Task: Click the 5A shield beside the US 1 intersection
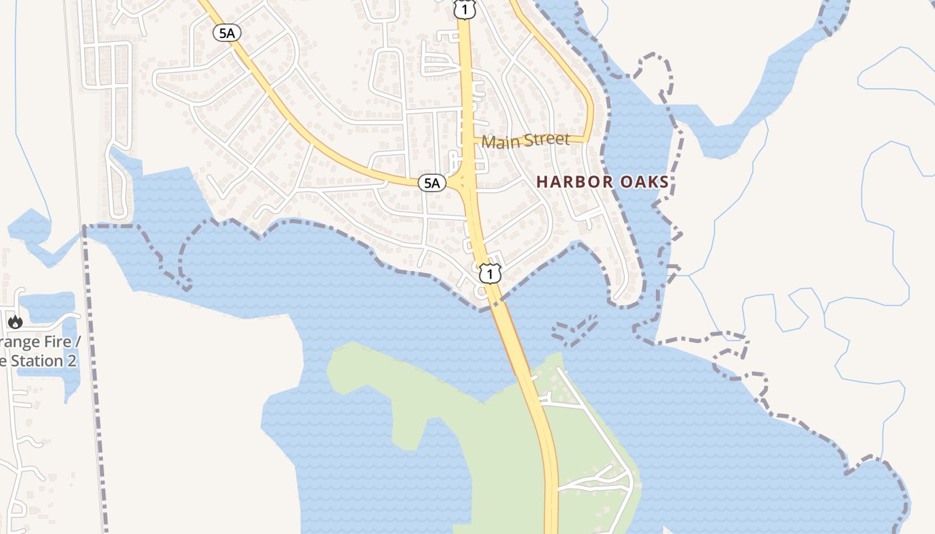[432, 183]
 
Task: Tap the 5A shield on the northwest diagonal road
[227, 33]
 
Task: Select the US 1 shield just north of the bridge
[490, 273]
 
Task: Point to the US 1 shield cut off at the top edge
[464, 9]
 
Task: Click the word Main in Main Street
[501, 142]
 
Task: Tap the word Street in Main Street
[547, 140]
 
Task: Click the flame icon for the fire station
[15, 322]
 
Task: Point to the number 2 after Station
[71, 361]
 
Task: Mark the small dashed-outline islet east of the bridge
[574, 330]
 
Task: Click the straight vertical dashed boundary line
[93, 374]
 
